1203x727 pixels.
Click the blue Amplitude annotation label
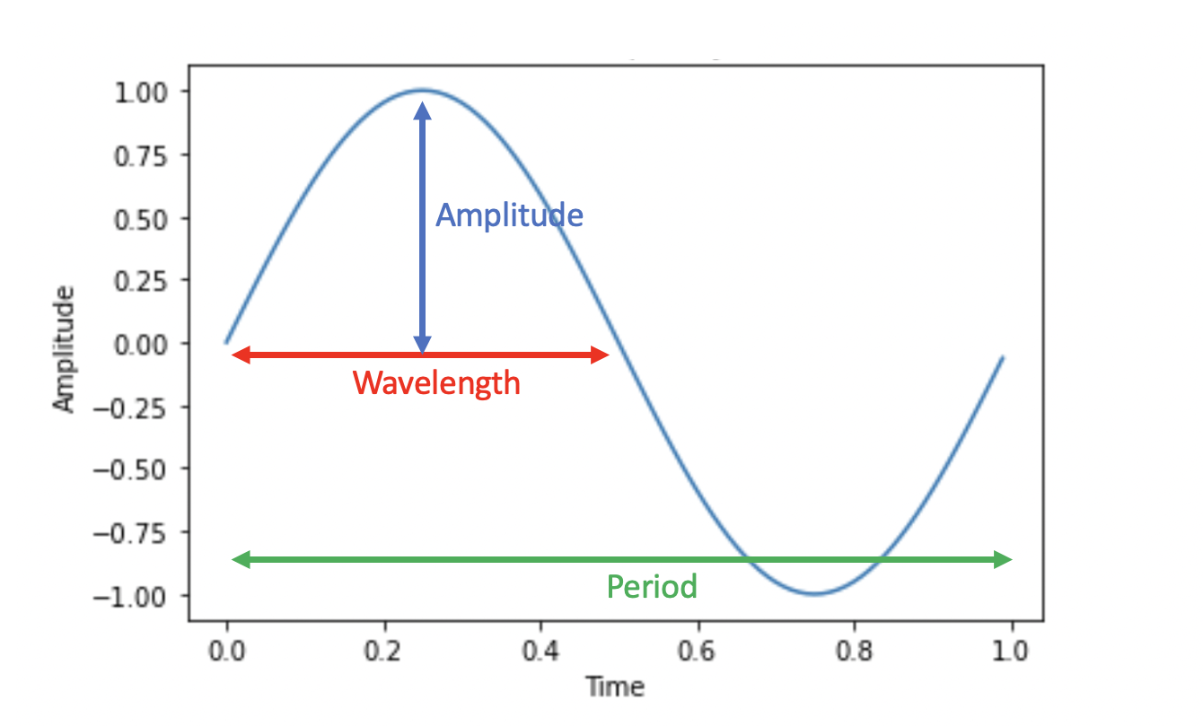tap(509, 215)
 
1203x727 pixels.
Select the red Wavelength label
tap(436, 383)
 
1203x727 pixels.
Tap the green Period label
tap(652, 587)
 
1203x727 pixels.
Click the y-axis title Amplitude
tap(65, 349)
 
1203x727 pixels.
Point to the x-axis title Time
tap(615, 687)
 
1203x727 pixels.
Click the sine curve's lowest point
tap(814, 594)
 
